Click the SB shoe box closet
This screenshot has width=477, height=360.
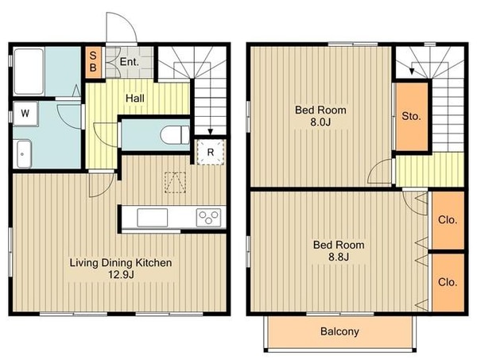[93, 62]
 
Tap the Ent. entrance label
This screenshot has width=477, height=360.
[130, 62]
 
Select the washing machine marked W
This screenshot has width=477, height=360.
[25, 114]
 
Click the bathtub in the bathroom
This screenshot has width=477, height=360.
[29, 72]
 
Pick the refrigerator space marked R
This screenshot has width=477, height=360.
[211, 152]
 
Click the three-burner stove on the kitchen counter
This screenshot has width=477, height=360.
[208, 217]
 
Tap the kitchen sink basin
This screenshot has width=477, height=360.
[152, 218]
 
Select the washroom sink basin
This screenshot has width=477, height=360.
[24, 154]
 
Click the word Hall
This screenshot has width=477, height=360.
[135, 99]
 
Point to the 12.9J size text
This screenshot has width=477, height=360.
[122, 275]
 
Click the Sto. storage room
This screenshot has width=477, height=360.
[412, 116]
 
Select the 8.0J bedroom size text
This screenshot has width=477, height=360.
[320, 122]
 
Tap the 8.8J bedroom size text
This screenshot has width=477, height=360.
[339, 257]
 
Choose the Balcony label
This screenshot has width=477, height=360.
[339, 331]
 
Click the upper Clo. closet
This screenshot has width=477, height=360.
[448, 220]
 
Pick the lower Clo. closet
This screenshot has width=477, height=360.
[448, 282]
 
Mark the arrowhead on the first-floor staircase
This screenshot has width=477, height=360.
[210, 132]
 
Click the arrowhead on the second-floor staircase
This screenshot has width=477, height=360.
[412, 72]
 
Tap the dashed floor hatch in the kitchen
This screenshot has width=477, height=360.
[175, 183]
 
